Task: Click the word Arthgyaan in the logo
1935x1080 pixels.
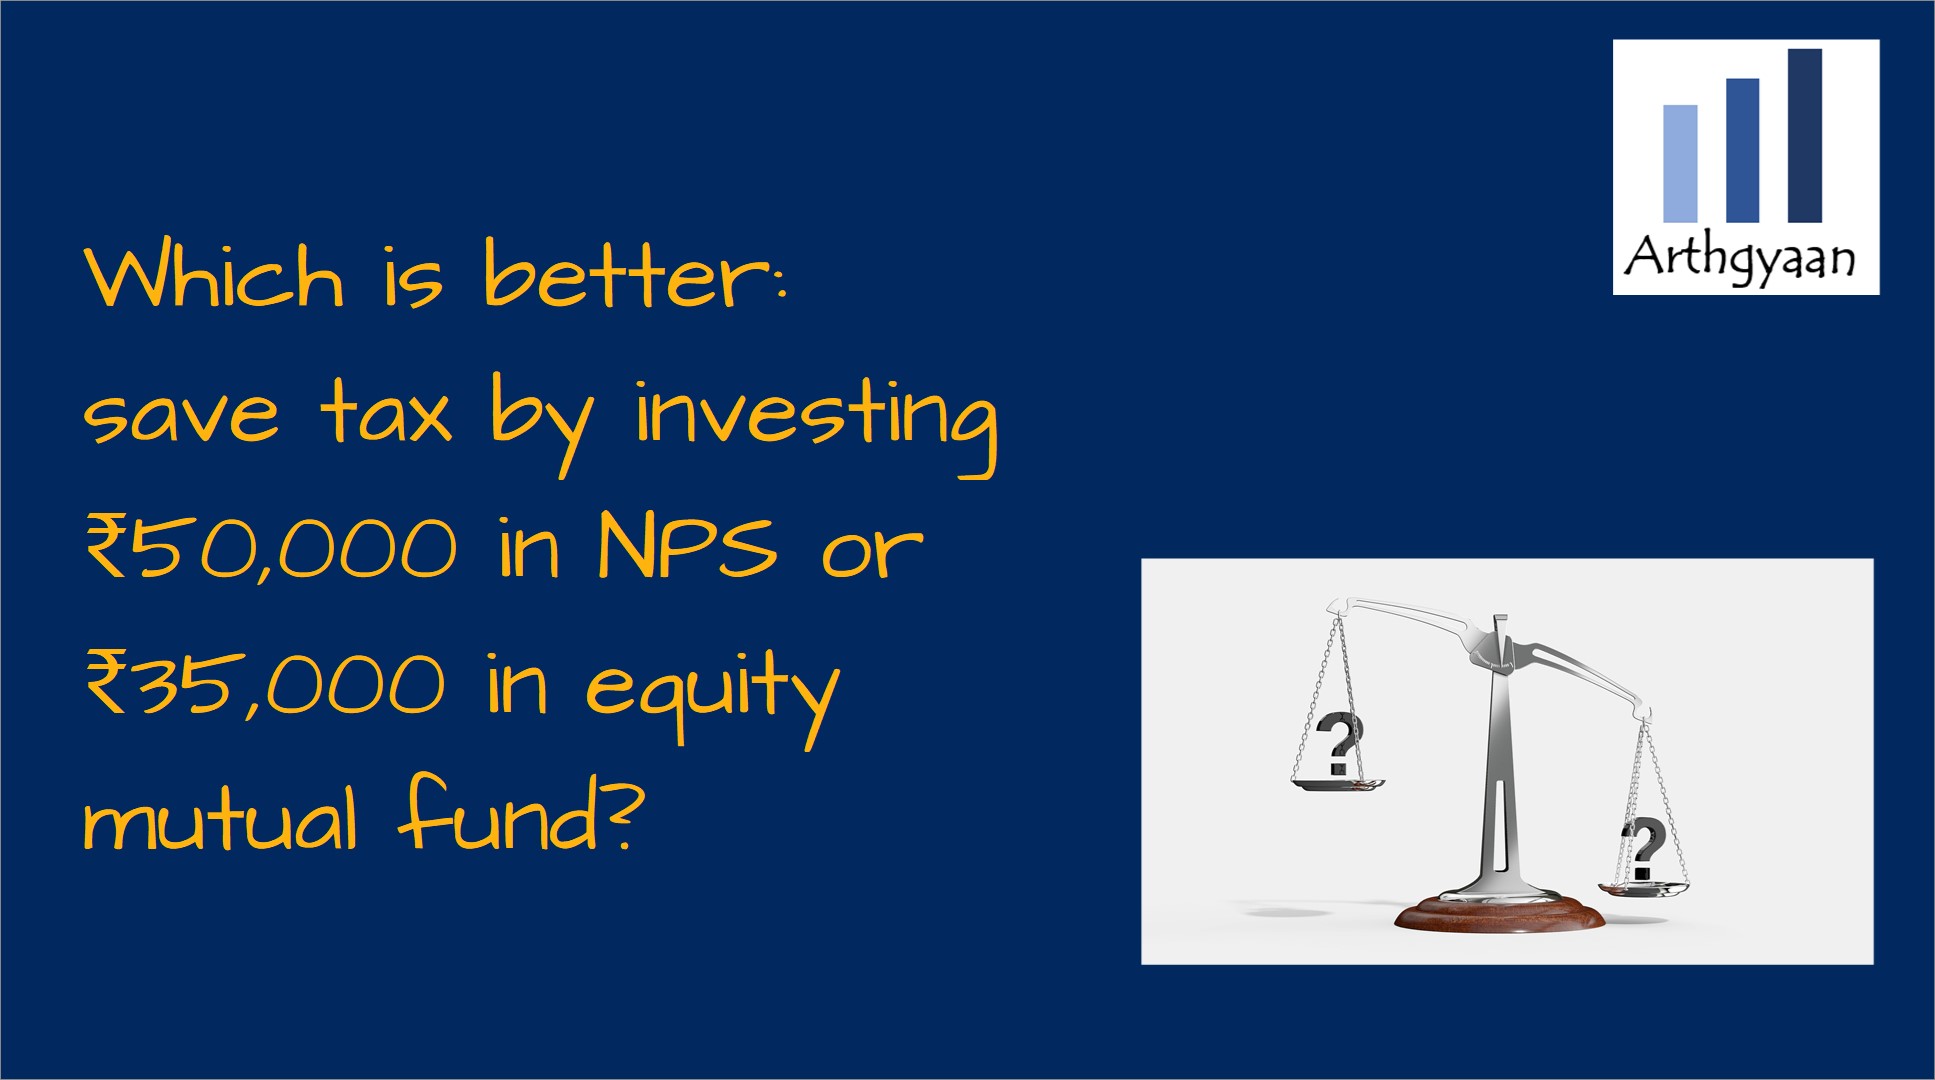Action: pos(1739,258)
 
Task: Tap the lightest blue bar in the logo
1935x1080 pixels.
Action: pos(1680,163)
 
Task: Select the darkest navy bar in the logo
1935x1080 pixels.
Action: pos(1805,135)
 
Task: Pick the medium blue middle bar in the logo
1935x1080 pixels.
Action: pos(1742,150)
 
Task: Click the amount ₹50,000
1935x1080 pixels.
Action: pos(271,546)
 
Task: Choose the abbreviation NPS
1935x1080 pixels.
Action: pos(688,546)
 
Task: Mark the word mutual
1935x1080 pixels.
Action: pos(220,820)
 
